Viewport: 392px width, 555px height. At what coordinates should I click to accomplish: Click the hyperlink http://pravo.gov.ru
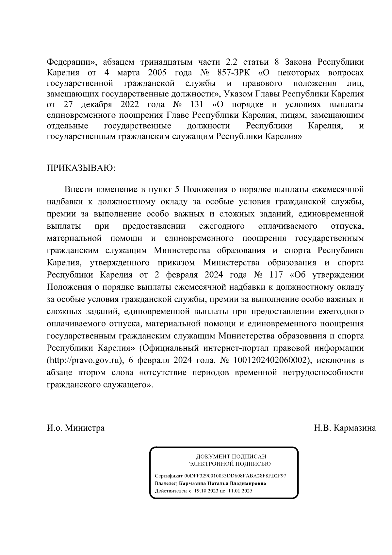coord(84,360)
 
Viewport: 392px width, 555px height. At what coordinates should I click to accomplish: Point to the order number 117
coord(274,275)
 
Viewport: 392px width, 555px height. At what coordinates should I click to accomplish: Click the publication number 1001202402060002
coord(271,360)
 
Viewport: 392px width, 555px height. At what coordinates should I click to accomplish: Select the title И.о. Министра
coord(76,428)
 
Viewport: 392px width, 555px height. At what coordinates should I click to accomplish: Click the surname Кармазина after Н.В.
coord(355,428)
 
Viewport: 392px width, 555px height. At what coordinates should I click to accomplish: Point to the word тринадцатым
coord(167,62)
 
